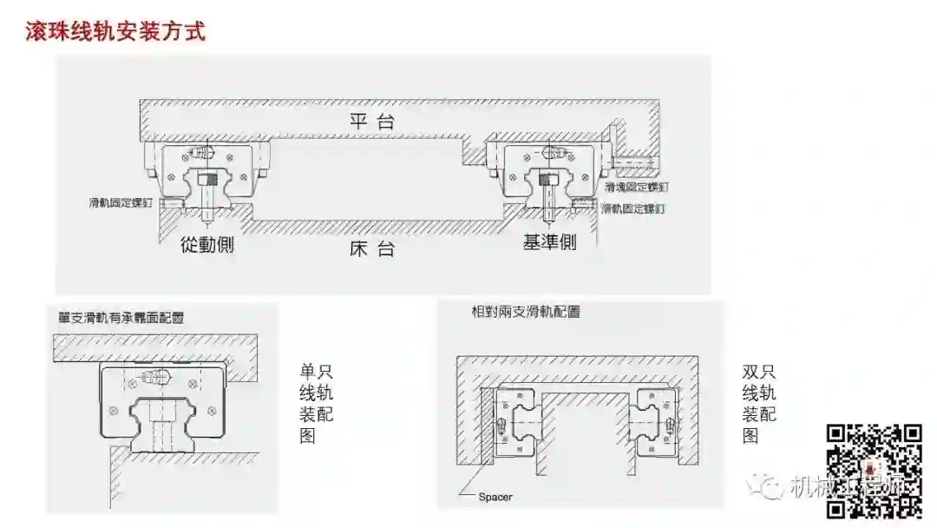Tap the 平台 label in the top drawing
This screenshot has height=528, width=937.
pos(372,121)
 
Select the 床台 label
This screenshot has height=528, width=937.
pos(372,248)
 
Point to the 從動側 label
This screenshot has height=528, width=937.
pos(207,244)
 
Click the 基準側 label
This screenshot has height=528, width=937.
pos(549,242)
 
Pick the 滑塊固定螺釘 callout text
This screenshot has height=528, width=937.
pos(638,187)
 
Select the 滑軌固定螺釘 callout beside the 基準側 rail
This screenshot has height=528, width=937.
pos(633,209)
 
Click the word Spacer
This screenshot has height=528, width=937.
pos(495,498)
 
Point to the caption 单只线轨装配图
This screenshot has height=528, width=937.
pos(315,403)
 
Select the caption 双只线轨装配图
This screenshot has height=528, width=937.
pos(760,403)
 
